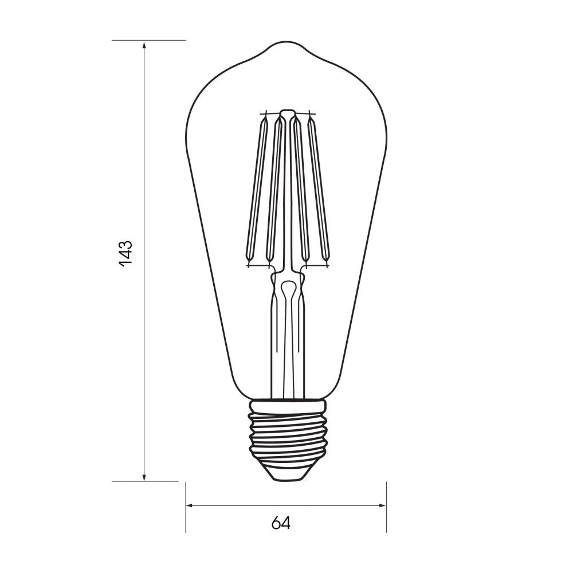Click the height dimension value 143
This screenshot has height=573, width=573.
(x=125, y=252)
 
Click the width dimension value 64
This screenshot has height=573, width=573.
(x=281, y=523)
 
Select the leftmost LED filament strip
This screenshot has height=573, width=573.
(x=256, y=189)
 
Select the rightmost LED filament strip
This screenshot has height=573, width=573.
(x=319, y=189)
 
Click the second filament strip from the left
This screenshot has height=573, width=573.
(x=276, y=189)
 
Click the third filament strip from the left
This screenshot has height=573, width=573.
(x=300, y=189)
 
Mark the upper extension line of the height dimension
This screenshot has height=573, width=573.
(x=166, y=40)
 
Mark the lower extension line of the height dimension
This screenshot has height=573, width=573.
(x=166, y=481)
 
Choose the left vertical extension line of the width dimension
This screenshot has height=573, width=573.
(x=186, y=516)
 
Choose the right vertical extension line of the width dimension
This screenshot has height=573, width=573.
(x=386, y=516)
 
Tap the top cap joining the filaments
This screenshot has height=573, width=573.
(x=287, y=112)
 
